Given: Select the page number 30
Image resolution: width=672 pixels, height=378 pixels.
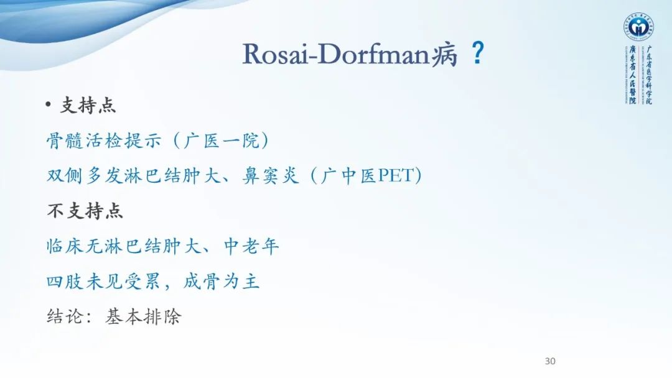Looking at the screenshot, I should point(549,361).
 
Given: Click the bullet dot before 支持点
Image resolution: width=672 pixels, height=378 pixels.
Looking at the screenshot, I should point(49,105).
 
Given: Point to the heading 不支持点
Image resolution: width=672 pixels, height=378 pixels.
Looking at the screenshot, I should point(85,211).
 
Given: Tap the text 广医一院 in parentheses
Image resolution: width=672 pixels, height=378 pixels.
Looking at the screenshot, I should point(220,141).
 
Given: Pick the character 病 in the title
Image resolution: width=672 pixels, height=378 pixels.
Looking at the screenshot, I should point(447,55).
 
